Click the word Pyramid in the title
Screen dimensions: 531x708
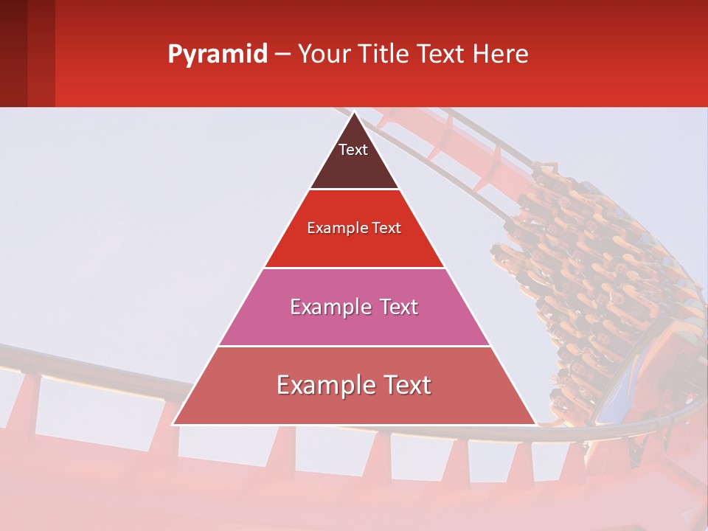click(217, 55)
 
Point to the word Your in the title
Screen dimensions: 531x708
click(322, 54)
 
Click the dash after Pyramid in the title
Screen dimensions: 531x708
click(282, 55)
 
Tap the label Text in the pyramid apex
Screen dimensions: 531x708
click(353, 150)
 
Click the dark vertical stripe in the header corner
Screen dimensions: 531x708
click(13, 53)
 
